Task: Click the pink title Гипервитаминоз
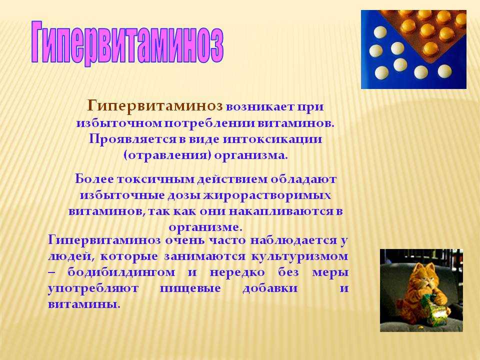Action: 127,43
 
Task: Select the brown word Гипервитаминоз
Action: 155,106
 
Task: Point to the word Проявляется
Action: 133,139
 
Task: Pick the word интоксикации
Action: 272,139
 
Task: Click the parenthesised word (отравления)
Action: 167,155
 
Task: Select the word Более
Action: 94,179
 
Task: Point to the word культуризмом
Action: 299,256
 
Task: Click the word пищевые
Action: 190,288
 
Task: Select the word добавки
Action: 270,288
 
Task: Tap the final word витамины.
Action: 83,304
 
